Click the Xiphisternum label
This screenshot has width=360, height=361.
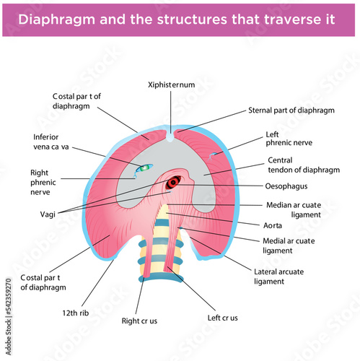[171, 84]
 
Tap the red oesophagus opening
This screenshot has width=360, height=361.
[173, 183]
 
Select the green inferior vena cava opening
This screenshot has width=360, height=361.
[144, 168]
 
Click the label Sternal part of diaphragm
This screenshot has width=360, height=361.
[291, 110]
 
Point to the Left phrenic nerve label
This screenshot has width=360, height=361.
[289, 139]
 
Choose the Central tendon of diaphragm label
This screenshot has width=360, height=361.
[304, 165]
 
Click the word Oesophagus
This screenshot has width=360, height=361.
[286, 186]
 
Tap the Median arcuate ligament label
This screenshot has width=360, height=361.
[294, 209]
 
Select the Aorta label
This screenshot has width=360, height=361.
[273, 225]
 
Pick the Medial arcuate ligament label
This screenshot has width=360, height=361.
[289, 245]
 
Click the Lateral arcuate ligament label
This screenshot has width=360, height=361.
[278, 277]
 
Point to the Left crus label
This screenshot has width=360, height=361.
[223, 318]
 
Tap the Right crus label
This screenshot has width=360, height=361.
[139, 321]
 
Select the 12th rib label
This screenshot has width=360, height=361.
[76, 313]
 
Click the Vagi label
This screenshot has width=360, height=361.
[48, 214]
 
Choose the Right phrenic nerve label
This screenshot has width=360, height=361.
[43, 182]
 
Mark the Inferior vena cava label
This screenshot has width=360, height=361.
[51, 142]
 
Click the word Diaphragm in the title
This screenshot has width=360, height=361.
[56, 19]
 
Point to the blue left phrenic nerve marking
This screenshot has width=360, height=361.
[212, 156]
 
